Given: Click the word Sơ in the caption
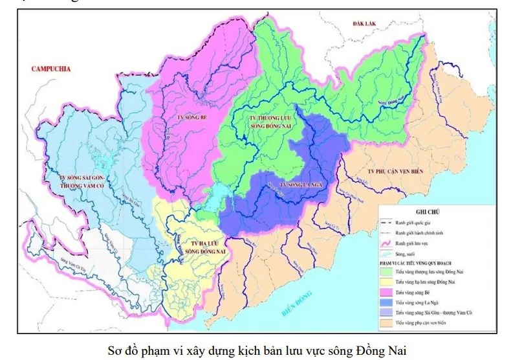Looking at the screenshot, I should click(115, 351).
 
